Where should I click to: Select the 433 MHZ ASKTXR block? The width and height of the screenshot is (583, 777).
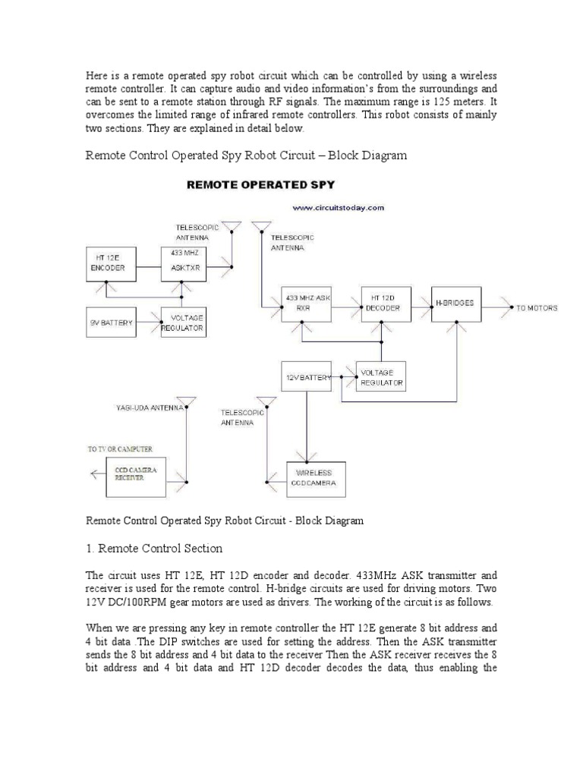coord(182,263)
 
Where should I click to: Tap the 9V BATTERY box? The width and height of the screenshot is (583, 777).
coord(111,322)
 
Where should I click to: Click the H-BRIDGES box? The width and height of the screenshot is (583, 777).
coord(455,304)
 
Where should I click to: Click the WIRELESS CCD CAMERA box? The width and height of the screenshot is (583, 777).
coord(315,479)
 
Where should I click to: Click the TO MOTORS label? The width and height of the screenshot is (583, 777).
coord(536,308)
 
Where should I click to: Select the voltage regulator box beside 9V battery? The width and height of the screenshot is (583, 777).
coord(183,323)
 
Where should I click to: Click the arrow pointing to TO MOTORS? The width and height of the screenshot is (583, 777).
coord(497,307)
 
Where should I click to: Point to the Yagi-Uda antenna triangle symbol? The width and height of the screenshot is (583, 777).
coord(186,401)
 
